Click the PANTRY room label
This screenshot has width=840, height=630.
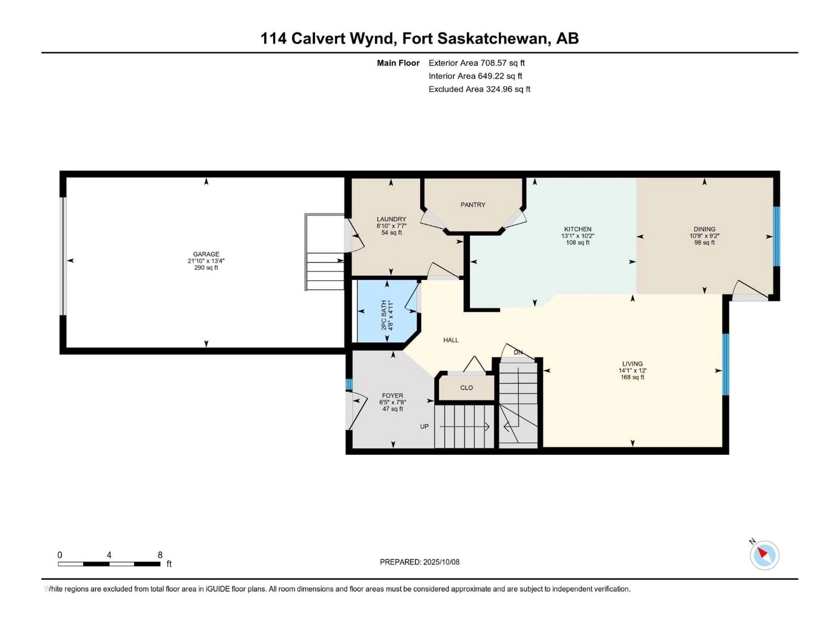click(x=473, y=205)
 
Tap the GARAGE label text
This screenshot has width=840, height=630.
click(x=206, y=254)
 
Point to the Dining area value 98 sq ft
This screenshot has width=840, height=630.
click(x=704, y=243)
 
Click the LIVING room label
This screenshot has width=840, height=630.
click(x=632, y=363)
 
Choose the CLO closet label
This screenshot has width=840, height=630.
click(x=467, y=388)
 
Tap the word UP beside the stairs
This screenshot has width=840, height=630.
click(x=424, y=427)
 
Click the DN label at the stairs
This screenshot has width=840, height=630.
click(x=518, y=352)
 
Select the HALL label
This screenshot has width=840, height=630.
click(x=451, y=340)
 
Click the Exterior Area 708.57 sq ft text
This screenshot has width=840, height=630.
click(x=477, y=63)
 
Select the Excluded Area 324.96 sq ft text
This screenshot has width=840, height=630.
click(x=479, y=89)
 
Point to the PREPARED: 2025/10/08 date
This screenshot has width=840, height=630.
click(x=420, y=562)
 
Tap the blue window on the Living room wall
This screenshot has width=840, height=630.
click(x=725, y=365)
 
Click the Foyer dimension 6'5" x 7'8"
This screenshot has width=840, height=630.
click(x=393, y=402)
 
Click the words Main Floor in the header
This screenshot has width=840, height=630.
click(x=398, y=63)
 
